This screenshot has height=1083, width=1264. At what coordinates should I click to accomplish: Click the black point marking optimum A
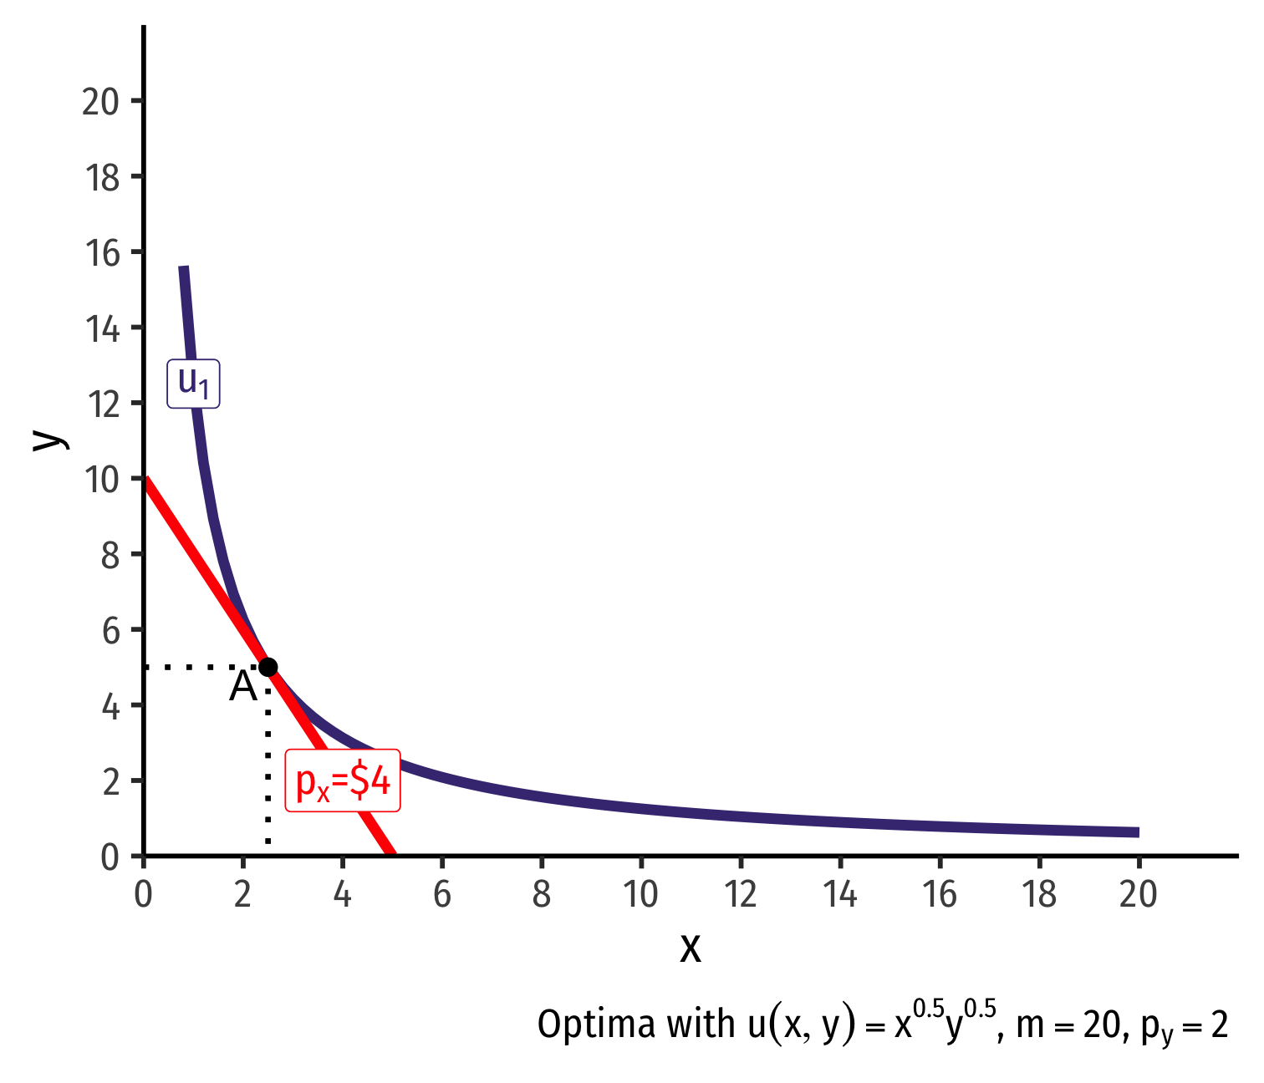268,667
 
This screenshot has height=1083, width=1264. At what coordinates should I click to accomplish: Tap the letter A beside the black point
242,688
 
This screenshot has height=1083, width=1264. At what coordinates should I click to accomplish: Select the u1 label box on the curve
193,384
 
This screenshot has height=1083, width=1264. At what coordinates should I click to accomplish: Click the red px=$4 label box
343,781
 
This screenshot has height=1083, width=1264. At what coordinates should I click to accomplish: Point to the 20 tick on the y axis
100,101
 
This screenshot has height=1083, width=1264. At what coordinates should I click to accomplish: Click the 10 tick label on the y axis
100,479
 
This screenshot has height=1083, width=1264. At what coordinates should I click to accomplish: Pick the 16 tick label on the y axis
100,252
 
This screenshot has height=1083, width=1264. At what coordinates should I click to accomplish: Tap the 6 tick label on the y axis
110,630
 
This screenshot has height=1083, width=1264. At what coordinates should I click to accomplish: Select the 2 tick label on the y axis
110,781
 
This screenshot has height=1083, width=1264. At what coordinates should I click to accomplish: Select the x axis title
691,948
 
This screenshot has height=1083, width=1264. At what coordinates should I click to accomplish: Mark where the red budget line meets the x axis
392,854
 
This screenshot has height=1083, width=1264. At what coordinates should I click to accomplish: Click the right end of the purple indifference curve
1138,832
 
